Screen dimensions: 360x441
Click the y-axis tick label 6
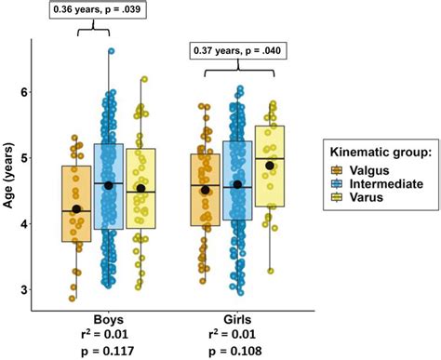click(26, 92)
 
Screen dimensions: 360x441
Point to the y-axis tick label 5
click(26, 158)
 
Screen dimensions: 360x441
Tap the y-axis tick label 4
click(26, 224)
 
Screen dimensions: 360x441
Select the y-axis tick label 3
click(26, 290)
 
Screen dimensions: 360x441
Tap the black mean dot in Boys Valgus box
click(76, 209)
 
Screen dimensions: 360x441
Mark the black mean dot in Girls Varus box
click(270, 166)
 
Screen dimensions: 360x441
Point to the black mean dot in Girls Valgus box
click(206, 190)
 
